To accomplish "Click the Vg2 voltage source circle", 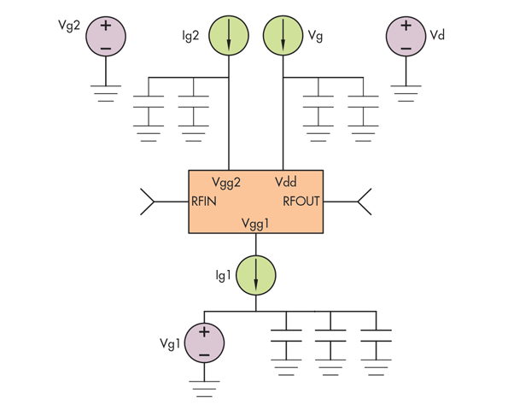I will pyautogui.click(x=106, y=37).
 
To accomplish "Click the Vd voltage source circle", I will pyautogui.click(x=406, y=37).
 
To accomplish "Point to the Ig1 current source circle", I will pyautogui.click(x=256, y=274).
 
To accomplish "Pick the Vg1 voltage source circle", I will pyautogui.click(x=204, y=343).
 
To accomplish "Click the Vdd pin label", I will pyautogui.click(x=285, y=183).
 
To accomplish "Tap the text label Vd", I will pyautogui.click(x=437, y=35).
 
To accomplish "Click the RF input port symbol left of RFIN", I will pyautogui.click(x=148, y=202).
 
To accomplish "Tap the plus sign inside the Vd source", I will pyautogui.click(x=406, y=26).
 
